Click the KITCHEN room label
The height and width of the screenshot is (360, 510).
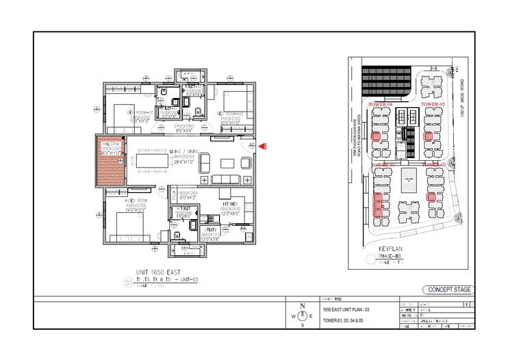(229, 204)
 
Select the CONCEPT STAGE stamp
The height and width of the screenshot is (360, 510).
(447, 290)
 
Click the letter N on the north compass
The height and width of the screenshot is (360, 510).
(302, 306)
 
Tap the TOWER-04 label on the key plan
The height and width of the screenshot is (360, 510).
(381, 104)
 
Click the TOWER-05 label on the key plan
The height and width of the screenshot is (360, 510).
(433, 104)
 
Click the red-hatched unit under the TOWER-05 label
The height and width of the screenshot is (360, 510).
(429, 136)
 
